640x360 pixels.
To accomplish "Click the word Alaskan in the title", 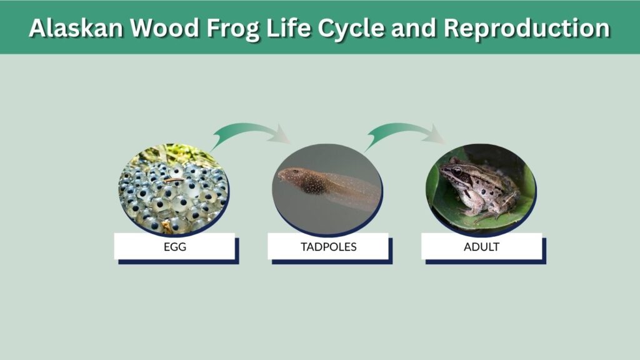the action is (x=76, y=27).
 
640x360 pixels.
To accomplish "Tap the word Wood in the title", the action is (x=164, y=27).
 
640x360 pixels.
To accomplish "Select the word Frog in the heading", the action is (x=232, y=29).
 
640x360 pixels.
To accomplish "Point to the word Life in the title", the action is (x=288, y=27).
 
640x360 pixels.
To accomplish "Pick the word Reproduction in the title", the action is (x=526, y=29).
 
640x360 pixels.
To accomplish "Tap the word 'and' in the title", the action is (x=414, y=27).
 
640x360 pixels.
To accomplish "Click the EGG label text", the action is (x=175, y=247).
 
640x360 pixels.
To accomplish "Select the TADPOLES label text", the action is (x=329, y=247).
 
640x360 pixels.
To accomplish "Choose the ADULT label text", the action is (x=482, y=247).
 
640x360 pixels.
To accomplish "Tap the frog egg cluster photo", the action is (x=174, y=189).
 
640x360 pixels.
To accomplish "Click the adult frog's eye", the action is (x=457, y=171).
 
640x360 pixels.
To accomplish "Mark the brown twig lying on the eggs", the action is (x=175, y=179).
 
